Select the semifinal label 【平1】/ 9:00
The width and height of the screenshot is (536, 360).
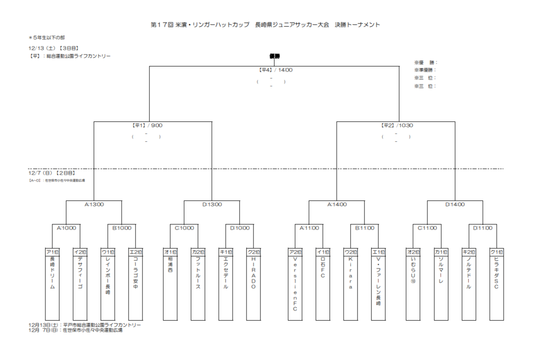click(148, 125)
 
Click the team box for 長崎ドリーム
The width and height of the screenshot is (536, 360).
click(52, 287)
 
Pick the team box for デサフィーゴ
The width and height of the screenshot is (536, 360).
click(80, 287)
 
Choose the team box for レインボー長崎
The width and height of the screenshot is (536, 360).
click(108, 287)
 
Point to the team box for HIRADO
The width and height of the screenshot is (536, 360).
click(253, 287)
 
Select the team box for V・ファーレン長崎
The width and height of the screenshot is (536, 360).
click(378, 287)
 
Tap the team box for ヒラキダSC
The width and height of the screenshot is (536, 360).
click(496, 287)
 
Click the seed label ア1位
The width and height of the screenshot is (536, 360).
click(52, 252)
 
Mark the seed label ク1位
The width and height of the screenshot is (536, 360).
click(496, 252)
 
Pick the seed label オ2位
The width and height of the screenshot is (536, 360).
click(413, 252)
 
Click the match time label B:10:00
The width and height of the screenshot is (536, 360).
click(122, 228)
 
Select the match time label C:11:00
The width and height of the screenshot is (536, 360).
click(427, 228)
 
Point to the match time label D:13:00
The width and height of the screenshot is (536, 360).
click(212, 204)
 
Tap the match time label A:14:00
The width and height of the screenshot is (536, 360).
click(337, 204)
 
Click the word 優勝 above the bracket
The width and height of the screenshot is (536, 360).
click(275, 56)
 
